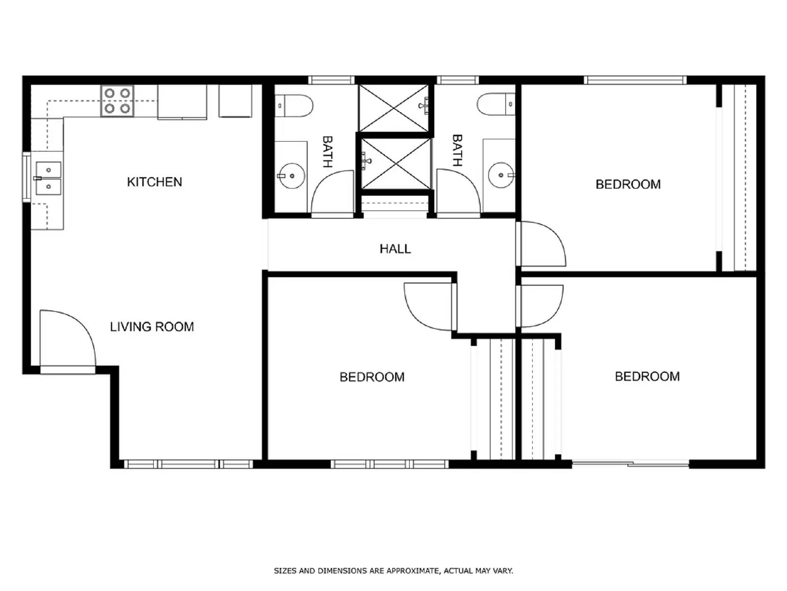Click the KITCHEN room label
(x=154, y=182)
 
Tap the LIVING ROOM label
(x=151, y=327)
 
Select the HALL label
(x=395, y=249)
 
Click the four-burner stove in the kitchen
(x=118, y=101)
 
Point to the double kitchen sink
(x=48, y=178)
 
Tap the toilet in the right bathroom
(x=496, y=104)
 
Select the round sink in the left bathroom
(x=291, y=176)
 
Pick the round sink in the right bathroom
(x=501, y=175)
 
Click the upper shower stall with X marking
(x=393, y=108)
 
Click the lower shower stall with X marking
(x=395, y=164)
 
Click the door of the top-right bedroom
(x=541, y=244)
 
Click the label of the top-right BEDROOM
(x=628, y=184)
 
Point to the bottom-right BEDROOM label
(x=647, y=376)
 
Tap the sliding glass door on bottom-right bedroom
(x=631, y=463)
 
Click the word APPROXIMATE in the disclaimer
(x=412, y=571)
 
